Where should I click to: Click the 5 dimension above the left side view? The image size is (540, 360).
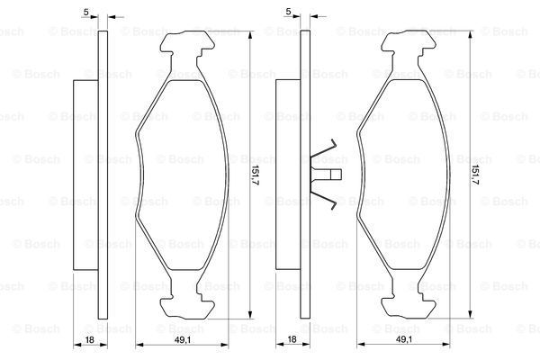86,12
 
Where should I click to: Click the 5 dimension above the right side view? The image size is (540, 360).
289,12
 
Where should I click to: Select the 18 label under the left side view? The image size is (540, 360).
89,339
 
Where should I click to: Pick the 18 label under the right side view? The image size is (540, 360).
292,339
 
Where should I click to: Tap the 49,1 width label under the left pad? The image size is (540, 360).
182,339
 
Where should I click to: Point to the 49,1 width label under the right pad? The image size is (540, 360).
403,339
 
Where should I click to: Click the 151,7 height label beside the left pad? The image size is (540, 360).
255,175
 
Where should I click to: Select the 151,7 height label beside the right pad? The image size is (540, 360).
475,175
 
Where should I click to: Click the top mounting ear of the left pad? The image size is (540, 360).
188,42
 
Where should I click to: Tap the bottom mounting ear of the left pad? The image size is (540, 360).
188,307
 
